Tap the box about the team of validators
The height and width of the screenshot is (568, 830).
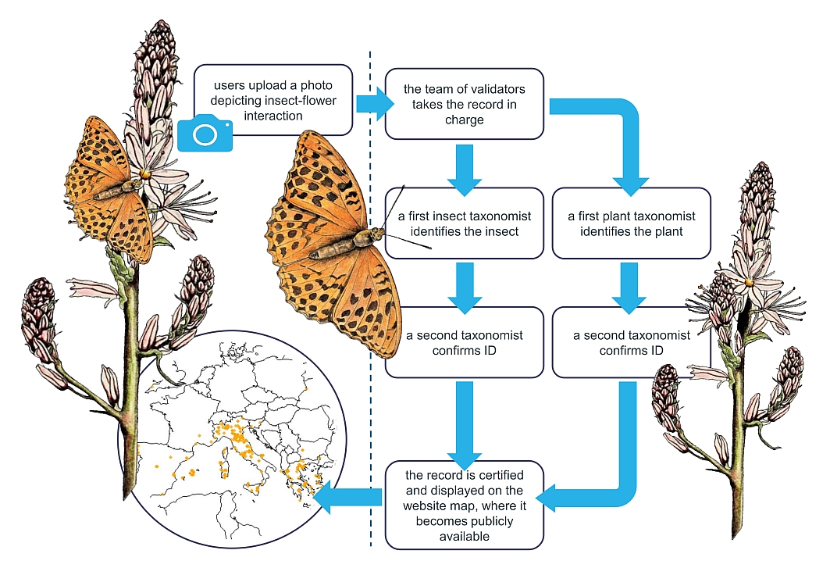pyautogui.click(x=464, y=104)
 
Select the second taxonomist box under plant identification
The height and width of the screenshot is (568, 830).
pyautogui.click(x=631, y=342)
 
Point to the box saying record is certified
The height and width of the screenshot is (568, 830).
pyautogui.click(x=464, y=505)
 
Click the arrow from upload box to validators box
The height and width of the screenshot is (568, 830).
pyautogui.click(x=372, y=104)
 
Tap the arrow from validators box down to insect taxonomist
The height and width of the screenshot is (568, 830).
pyautogui.click(x=463, y=169)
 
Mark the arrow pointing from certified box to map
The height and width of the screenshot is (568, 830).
pyautogui.click(x=350, y=495)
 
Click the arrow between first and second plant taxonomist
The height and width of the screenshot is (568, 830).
pyautogui.click(x=631, y=286)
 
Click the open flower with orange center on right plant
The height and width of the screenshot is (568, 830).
pyautogui.click(x=749, y=282)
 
